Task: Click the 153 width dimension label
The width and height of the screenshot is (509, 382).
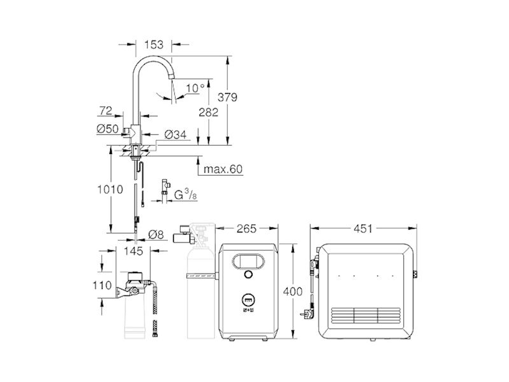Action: pyautogui.click(x=153, y=45)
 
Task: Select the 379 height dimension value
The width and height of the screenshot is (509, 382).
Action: pyautogui.click(x=227, y=97)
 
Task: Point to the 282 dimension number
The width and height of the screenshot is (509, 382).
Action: pyautogui.click(x=209, y=113)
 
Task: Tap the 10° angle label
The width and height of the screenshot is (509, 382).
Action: pyautogui.click(x=195, y=88)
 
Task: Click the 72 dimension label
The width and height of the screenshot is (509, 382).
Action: pyautogui.click(x=106, y=111)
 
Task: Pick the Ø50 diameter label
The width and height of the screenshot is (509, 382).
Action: pyautogui.click(x=108, y=129)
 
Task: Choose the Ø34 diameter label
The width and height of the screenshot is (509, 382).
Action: pyautogui.click(x=176, y=134)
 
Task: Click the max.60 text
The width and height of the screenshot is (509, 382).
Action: pyautogui.click(x=223, y=169)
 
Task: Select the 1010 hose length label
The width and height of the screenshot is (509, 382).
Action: pyautogui.click(x=110, y=189)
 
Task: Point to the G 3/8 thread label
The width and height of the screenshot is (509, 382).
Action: pyautogui.click(x=185, y=195)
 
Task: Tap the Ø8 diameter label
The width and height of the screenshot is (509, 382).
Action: pyautogui.click(x=156, y=234)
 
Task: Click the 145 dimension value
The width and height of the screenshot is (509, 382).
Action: pyautogui.click(x=134, y=251)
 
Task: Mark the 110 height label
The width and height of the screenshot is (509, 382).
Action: pyautogui.click(x=102, y=285)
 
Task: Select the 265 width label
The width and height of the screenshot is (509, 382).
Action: pyautogui.click(x=246, y=229)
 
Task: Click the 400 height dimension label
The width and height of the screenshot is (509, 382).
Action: pyautogui.click(x=293, y=292)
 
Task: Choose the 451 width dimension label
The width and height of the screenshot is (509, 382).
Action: pyautogui.click(x=363, y=229)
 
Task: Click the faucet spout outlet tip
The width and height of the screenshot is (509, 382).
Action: pyautogui.click(x=172, y=76)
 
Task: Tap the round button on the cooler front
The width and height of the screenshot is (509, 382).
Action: pyautogui.click(x=248, y=274)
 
